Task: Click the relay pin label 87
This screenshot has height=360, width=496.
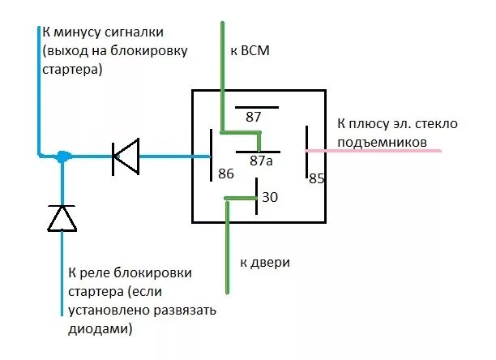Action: point(254,117)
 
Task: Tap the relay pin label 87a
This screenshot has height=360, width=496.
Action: point(260,161)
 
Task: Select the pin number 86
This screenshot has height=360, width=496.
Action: point(225,174)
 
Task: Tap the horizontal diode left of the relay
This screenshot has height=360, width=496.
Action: point(125,156)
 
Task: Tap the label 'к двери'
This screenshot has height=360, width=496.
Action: point(265,264)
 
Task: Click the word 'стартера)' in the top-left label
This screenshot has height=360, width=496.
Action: point(72,70)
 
